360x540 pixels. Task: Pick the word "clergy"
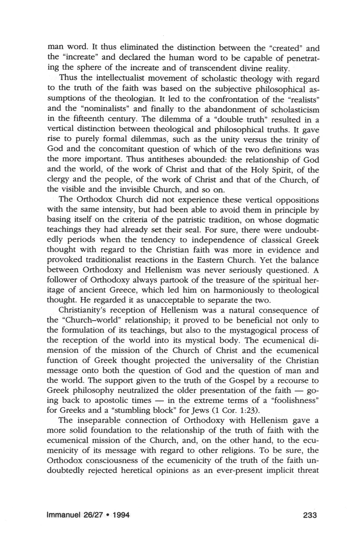coord(58,179)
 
